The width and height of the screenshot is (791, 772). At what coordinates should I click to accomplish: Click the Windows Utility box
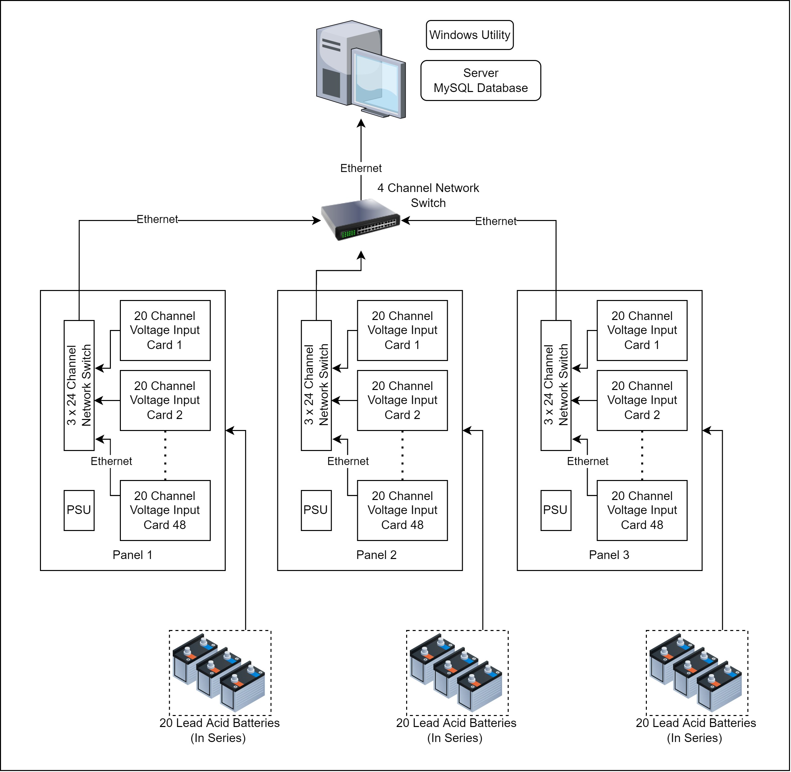[x=470, y=35]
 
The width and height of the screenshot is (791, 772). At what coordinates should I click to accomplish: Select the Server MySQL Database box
[x=481, y=80]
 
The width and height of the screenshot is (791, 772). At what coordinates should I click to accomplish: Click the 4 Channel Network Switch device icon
[x=361, y=220]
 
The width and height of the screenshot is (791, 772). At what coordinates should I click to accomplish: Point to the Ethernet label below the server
[x=361, y=168]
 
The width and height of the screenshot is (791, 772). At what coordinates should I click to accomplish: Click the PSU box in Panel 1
[x=79, y=510]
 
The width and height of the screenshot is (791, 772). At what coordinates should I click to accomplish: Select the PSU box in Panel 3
[x=556, y=510]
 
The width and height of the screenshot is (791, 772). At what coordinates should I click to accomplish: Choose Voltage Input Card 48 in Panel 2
[x=402, y=510]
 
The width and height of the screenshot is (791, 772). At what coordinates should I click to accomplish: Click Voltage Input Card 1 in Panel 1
[x=165, y=330]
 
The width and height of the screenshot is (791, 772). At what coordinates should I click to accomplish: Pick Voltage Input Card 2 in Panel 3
[x=642, y=400]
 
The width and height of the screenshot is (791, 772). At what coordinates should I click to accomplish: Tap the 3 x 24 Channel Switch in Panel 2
[x=316, y=385]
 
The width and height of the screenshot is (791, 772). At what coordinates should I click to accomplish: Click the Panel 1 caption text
[x=132, y=555]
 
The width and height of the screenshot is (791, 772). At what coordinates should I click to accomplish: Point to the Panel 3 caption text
[x=609, y=555]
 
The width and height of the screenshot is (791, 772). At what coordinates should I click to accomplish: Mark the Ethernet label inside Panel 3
[x=588, y=461]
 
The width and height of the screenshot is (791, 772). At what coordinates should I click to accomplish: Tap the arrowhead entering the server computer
[x=361, y=123]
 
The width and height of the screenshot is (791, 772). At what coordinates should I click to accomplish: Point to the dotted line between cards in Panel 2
[x=402, y=455]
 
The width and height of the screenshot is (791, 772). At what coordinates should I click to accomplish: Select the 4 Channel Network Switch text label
[x=428, y=195]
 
